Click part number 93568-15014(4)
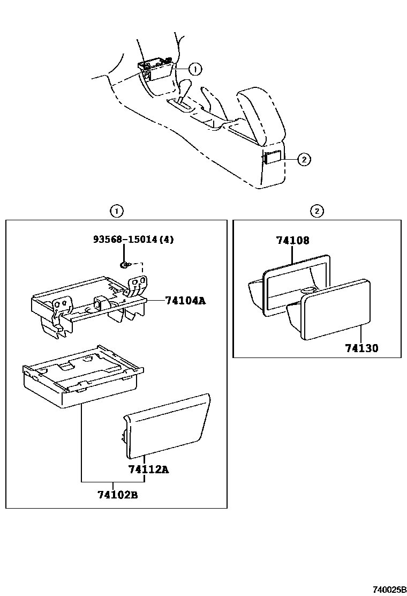tap(132, 239)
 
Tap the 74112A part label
tap(148, 470)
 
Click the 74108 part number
tap(293, 241)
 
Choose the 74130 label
tap(361, 348)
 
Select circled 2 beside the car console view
tap(304, 159)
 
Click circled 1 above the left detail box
tap(116, 211)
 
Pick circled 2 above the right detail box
tap(317, 211)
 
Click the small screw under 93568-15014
tap(124, 265)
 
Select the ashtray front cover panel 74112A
tap(166, 426)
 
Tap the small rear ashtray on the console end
tap(271, 158)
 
